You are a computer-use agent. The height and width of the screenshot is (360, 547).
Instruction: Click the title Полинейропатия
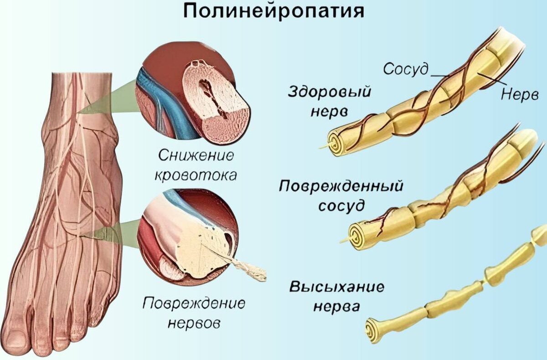(x=273, y=11)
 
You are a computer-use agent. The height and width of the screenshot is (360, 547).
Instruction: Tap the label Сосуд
(x=405, y=69)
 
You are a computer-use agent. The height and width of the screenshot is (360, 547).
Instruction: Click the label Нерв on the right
(x=520, y=94)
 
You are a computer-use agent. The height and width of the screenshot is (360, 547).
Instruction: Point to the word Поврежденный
(x=342, y=186)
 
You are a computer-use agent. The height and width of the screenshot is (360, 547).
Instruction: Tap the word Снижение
(x=196, y=155)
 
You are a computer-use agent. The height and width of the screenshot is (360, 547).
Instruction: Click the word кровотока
(x=196, y=175)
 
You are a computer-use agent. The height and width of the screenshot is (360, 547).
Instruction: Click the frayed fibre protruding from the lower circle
(x=248, y=269)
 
